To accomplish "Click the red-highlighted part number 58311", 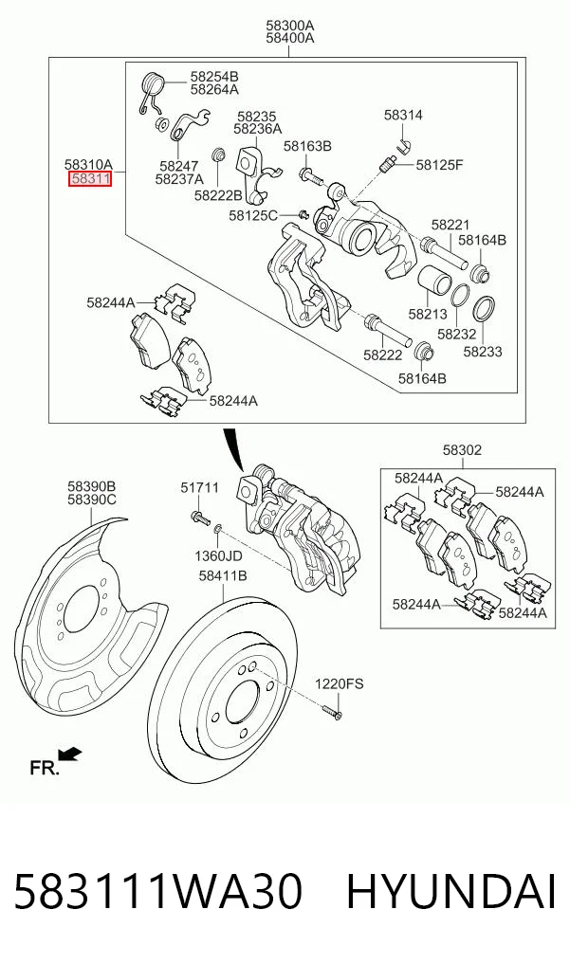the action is (x=90, y=179).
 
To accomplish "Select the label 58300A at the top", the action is (x=289, y=26).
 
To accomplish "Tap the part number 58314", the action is (x=403, y=115).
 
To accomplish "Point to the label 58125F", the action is (x=440, y=165).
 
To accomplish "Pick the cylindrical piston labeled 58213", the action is (x=434, y=282).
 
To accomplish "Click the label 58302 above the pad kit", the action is (x=463, y=450).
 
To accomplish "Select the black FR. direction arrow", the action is (x=70, y=754).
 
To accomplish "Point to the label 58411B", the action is (x=223, y=576).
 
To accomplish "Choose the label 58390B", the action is (x=92, y=486).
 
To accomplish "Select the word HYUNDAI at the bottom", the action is (x=451, y=892).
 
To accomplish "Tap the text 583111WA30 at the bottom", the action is (x=157, y=892).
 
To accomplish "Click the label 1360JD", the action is (x=218, y=556).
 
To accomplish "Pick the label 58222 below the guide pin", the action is (x=382, y=355).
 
